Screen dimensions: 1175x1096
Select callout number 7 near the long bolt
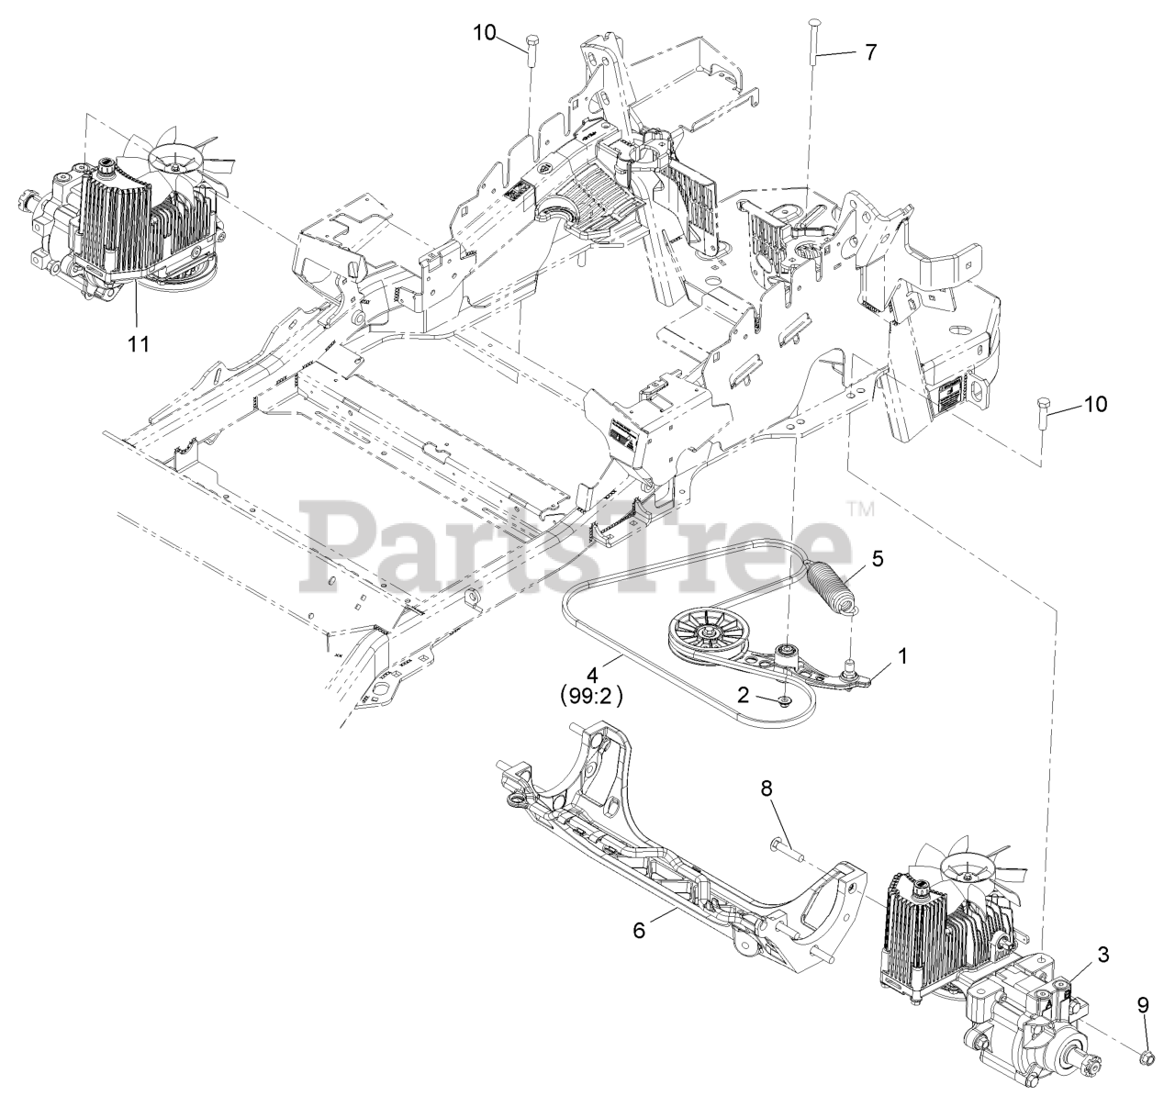point(870,51)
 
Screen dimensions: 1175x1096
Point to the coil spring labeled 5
point(830,588)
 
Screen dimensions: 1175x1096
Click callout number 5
point(878,559)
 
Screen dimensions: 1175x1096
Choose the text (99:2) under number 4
point(591,696)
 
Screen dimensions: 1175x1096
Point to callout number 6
point(639,930)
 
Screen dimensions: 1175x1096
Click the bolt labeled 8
point(786,848)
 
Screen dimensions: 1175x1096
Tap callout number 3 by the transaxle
point(1102,955)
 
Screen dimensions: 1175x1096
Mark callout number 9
point(1143,1005)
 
